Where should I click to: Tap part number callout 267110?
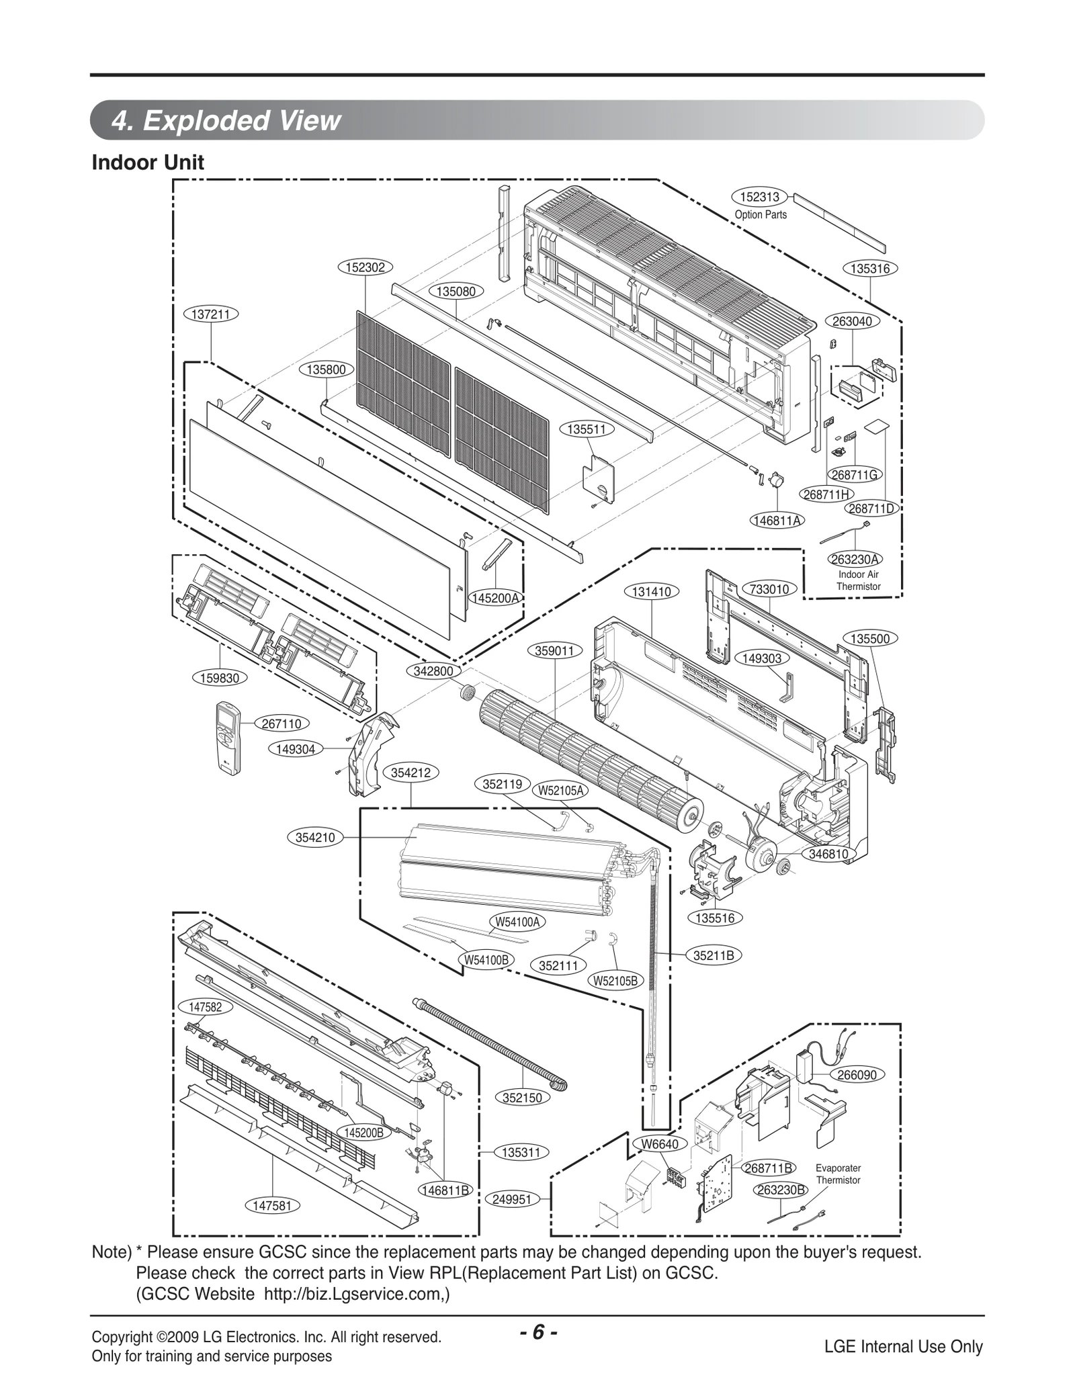coord(282,724)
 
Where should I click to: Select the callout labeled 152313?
coord(759,197)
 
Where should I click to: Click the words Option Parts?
coord(761,215)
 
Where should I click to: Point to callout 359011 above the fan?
coord(554,650)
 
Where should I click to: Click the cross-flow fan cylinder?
coord(585,756)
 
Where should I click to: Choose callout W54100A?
coord(517,922)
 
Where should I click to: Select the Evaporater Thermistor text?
coord(838,1174)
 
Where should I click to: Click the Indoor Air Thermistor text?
coord(858,580)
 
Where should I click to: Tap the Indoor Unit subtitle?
coord(148,163)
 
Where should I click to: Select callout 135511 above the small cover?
coord(587,429)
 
